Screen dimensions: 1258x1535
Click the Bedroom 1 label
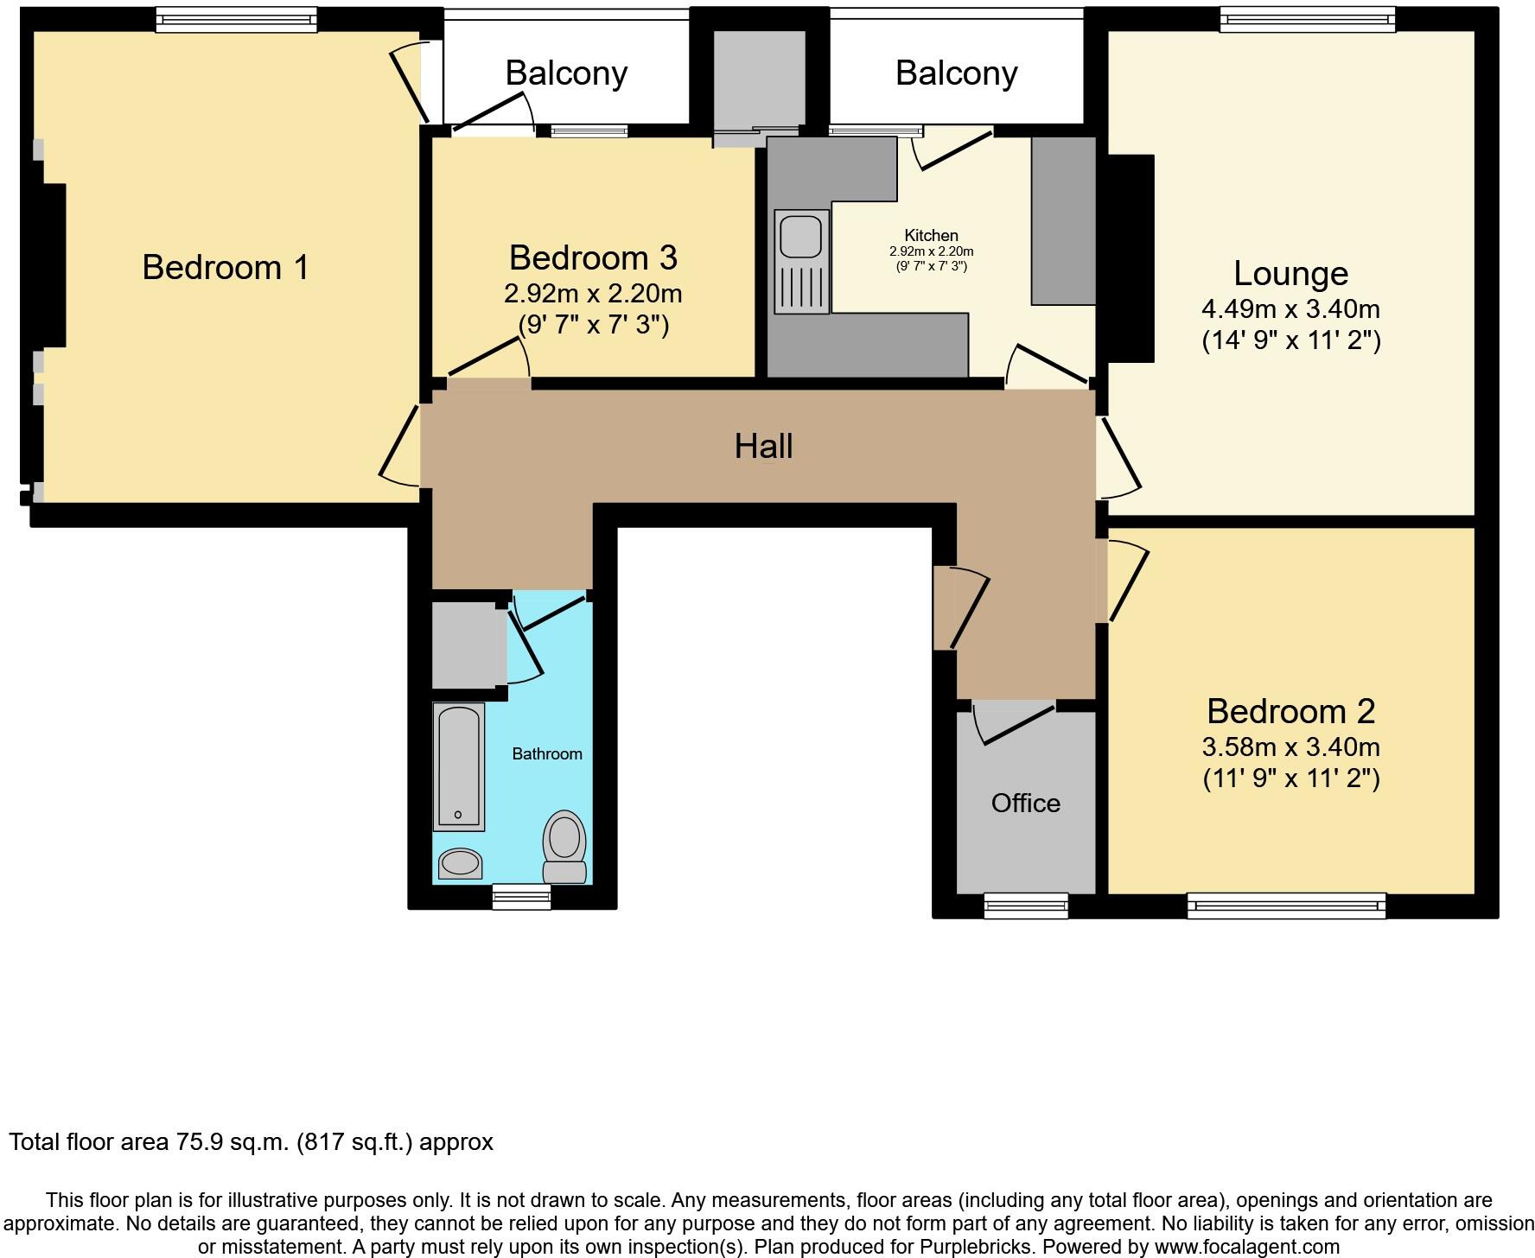coord(225,268)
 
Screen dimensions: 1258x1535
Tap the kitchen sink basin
coord(800,236)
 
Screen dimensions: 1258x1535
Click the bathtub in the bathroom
coord(458,766)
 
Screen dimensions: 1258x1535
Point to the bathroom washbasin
coord(460,863)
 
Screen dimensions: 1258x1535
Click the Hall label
coord(763,447)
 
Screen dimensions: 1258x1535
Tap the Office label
coord(1025,804)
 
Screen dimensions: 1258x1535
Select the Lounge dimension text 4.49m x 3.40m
coord(1290,308)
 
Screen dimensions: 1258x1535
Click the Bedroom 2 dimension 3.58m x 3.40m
coord(1290,747)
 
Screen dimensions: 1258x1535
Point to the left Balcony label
coord(566,73)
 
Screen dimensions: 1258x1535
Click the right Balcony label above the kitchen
coord(956,73)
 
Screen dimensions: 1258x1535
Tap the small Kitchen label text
coord(931,235)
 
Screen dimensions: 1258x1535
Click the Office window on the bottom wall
coord(1026,905)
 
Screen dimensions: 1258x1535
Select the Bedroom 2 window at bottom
coord(1286,905)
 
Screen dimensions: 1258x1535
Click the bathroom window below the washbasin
coord(521,897)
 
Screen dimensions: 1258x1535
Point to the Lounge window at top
coord(1308,19)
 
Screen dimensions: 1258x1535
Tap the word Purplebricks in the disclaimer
coord(977,1247)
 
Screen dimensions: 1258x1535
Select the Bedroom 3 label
coord(593,258)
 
